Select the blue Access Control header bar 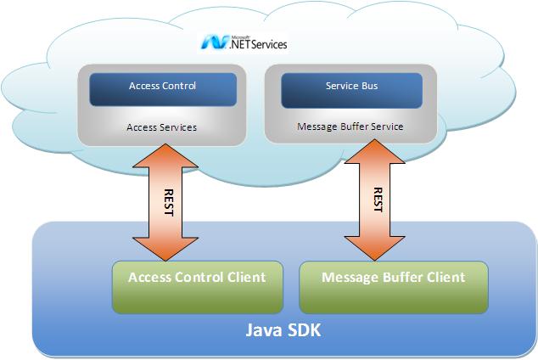coord(162,87)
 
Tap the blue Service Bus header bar coord(351,87)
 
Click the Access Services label coord(161,127)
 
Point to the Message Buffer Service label coord(350,127)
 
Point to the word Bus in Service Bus coord(367,87)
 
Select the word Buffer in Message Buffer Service coord(350,127)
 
